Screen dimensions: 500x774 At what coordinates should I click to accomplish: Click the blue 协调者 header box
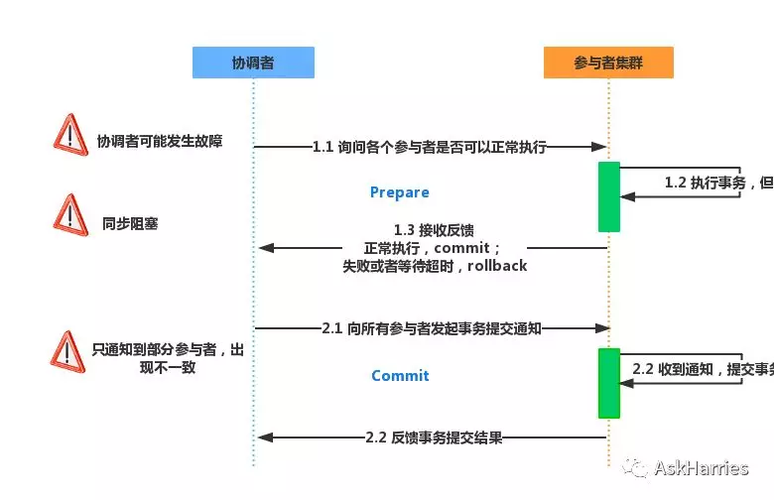click(253, 62)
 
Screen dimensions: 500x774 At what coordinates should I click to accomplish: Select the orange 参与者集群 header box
click(608, 62)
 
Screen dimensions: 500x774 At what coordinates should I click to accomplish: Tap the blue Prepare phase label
click(399, 192)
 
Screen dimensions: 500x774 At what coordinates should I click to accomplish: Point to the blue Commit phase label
click(400, 376)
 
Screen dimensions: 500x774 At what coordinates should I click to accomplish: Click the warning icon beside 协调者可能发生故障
click(69, 134)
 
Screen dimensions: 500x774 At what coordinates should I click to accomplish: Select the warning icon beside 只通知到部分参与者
click(67, 351)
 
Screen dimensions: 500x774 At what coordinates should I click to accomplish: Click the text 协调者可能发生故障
click(159, 142)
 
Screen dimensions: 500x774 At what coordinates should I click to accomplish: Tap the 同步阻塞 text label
click(130, 224)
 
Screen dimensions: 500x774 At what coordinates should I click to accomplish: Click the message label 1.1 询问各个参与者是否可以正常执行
click(429, 147)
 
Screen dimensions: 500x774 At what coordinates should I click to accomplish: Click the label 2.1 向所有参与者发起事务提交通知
click(431, 327)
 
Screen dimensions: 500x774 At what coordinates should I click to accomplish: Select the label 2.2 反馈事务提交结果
click(434, 437)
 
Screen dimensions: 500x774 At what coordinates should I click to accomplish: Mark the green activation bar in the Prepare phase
click(608, 196)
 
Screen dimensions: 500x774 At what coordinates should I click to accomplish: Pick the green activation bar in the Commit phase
click(608, 383)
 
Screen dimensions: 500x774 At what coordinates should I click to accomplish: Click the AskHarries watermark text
click(706, 467)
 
